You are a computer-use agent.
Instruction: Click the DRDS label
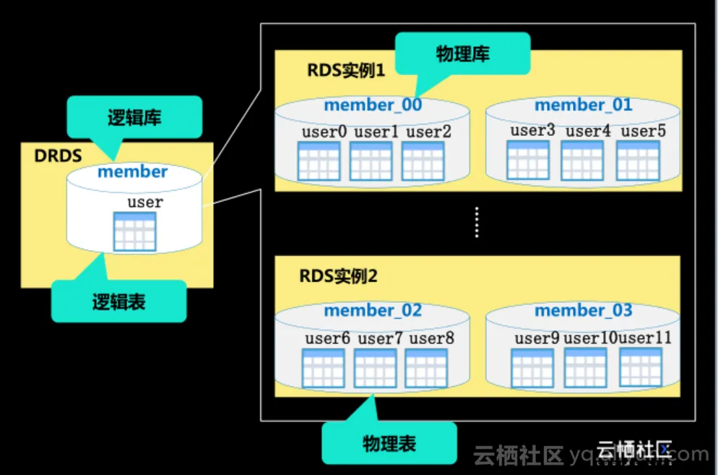click(59, 156)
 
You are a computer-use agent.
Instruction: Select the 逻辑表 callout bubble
click(118, 301)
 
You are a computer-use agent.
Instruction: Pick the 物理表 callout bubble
click(389, 442)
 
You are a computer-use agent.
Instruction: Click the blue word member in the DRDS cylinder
click(132, 172)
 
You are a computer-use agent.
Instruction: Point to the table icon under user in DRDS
click(135, 231)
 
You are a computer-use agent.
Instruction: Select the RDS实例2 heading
click(337, 276)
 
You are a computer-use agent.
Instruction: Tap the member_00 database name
click(373, 106)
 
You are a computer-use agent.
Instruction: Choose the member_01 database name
click(583, 106)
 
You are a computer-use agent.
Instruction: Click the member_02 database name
click(373, 311)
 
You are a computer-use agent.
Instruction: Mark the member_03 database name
click(583, 311)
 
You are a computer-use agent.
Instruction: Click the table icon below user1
click(371, 161)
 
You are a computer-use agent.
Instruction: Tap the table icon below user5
click(638, 161)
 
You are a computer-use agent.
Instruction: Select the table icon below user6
click(323, 368)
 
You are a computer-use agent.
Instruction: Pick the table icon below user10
click(585, 367)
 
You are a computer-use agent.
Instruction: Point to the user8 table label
click(432, 338)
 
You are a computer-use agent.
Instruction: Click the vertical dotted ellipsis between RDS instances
click(477, 221)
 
